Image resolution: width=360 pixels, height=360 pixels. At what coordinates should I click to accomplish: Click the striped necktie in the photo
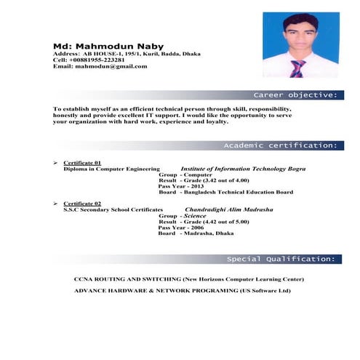(x=297, y=68)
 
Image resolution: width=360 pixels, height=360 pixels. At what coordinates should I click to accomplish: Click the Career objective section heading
(x=295, y=95)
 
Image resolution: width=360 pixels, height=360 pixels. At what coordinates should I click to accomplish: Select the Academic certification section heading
(x=279, y=145)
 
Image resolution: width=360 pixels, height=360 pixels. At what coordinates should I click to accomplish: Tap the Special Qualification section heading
(x=281, y=259)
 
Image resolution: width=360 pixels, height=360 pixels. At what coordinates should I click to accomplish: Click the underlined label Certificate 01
(x=82, y=162)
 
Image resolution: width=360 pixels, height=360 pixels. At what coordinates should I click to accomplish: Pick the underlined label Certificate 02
(x=82, y=203)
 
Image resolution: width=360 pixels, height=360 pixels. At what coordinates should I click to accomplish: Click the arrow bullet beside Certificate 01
(x=55, y=162)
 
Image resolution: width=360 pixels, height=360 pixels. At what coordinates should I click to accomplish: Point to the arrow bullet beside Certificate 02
(x=55, y=203)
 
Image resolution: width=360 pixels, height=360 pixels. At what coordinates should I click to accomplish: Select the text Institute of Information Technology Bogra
(x=243, y=169)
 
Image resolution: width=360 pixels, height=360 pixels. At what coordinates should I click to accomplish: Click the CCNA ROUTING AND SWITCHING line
(x=189, y=279)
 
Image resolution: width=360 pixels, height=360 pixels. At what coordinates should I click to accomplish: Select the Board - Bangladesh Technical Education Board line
(x=225, y=192)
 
